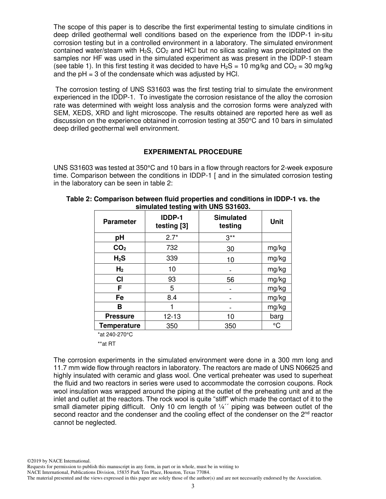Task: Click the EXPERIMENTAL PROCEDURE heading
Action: tap(193, 152)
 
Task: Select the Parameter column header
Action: tap(119, 222)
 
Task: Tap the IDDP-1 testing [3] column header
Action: tap(172, 222)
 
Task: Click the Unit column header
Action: tap(277, 222)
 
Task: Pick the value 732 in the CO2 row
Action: tap(172, 247)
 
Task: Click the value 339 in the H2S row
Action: tap(172, 258)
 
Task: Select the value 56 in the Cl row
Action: tap(230, 280)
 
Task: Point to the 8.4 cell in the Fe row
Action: tap(172, 297)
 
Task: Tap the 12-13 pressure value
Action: tap(172, 316)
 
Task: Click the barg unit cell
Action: tap(277, 316)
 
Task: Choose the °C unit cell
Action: tap(277, 325)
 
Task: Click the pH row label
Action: tap(119, 238)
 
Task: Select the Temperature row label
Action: tap(119, 325)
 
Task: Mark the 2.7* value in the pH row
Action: tap(172, 238)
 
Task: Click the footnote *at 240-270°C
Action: tap(115, 334)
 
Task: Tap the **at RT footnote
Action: tap(106, 344)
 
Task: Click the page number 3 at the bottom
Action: tap(193, 486)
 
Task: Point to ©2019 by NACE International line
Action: tap(59, 461)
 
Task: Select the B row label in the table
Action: tap(119, 307)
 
